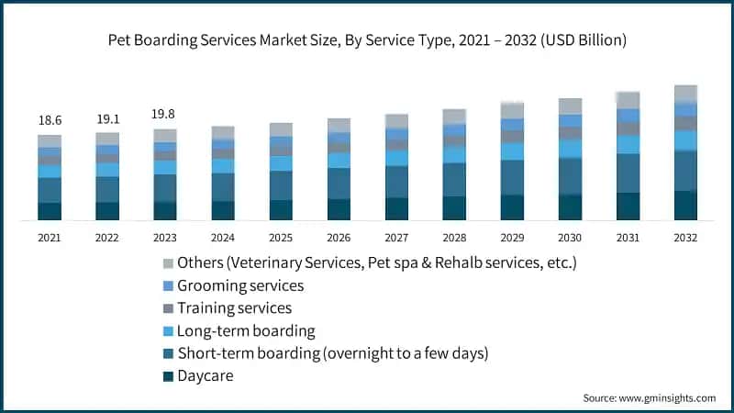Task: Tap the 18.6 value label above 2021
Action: tap(50, 120)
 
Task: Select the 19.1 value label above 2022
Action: tap(107, 118)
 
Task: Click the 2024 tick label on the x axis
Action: tap(223, 237)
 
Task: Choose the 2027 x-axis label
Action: tap(396, 237)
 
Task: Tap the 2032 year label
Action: tap(685, 237)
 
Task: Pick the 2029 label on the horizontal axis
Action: tap(512, 237)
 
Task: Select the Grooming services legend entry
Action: tap(240, 286)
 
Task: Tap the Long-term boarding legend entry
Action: tap(246, 330)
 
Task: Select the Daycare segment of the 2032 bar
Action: tap(685, 206)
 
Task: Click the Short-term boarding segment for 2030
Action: tap(570, 176)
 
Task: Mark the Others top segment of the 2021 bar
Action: tap(50, 141)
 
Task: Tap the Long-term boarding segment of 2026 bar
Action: tap(339, 161)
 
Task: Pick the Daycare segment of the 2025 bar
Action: tap(281, 210)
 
